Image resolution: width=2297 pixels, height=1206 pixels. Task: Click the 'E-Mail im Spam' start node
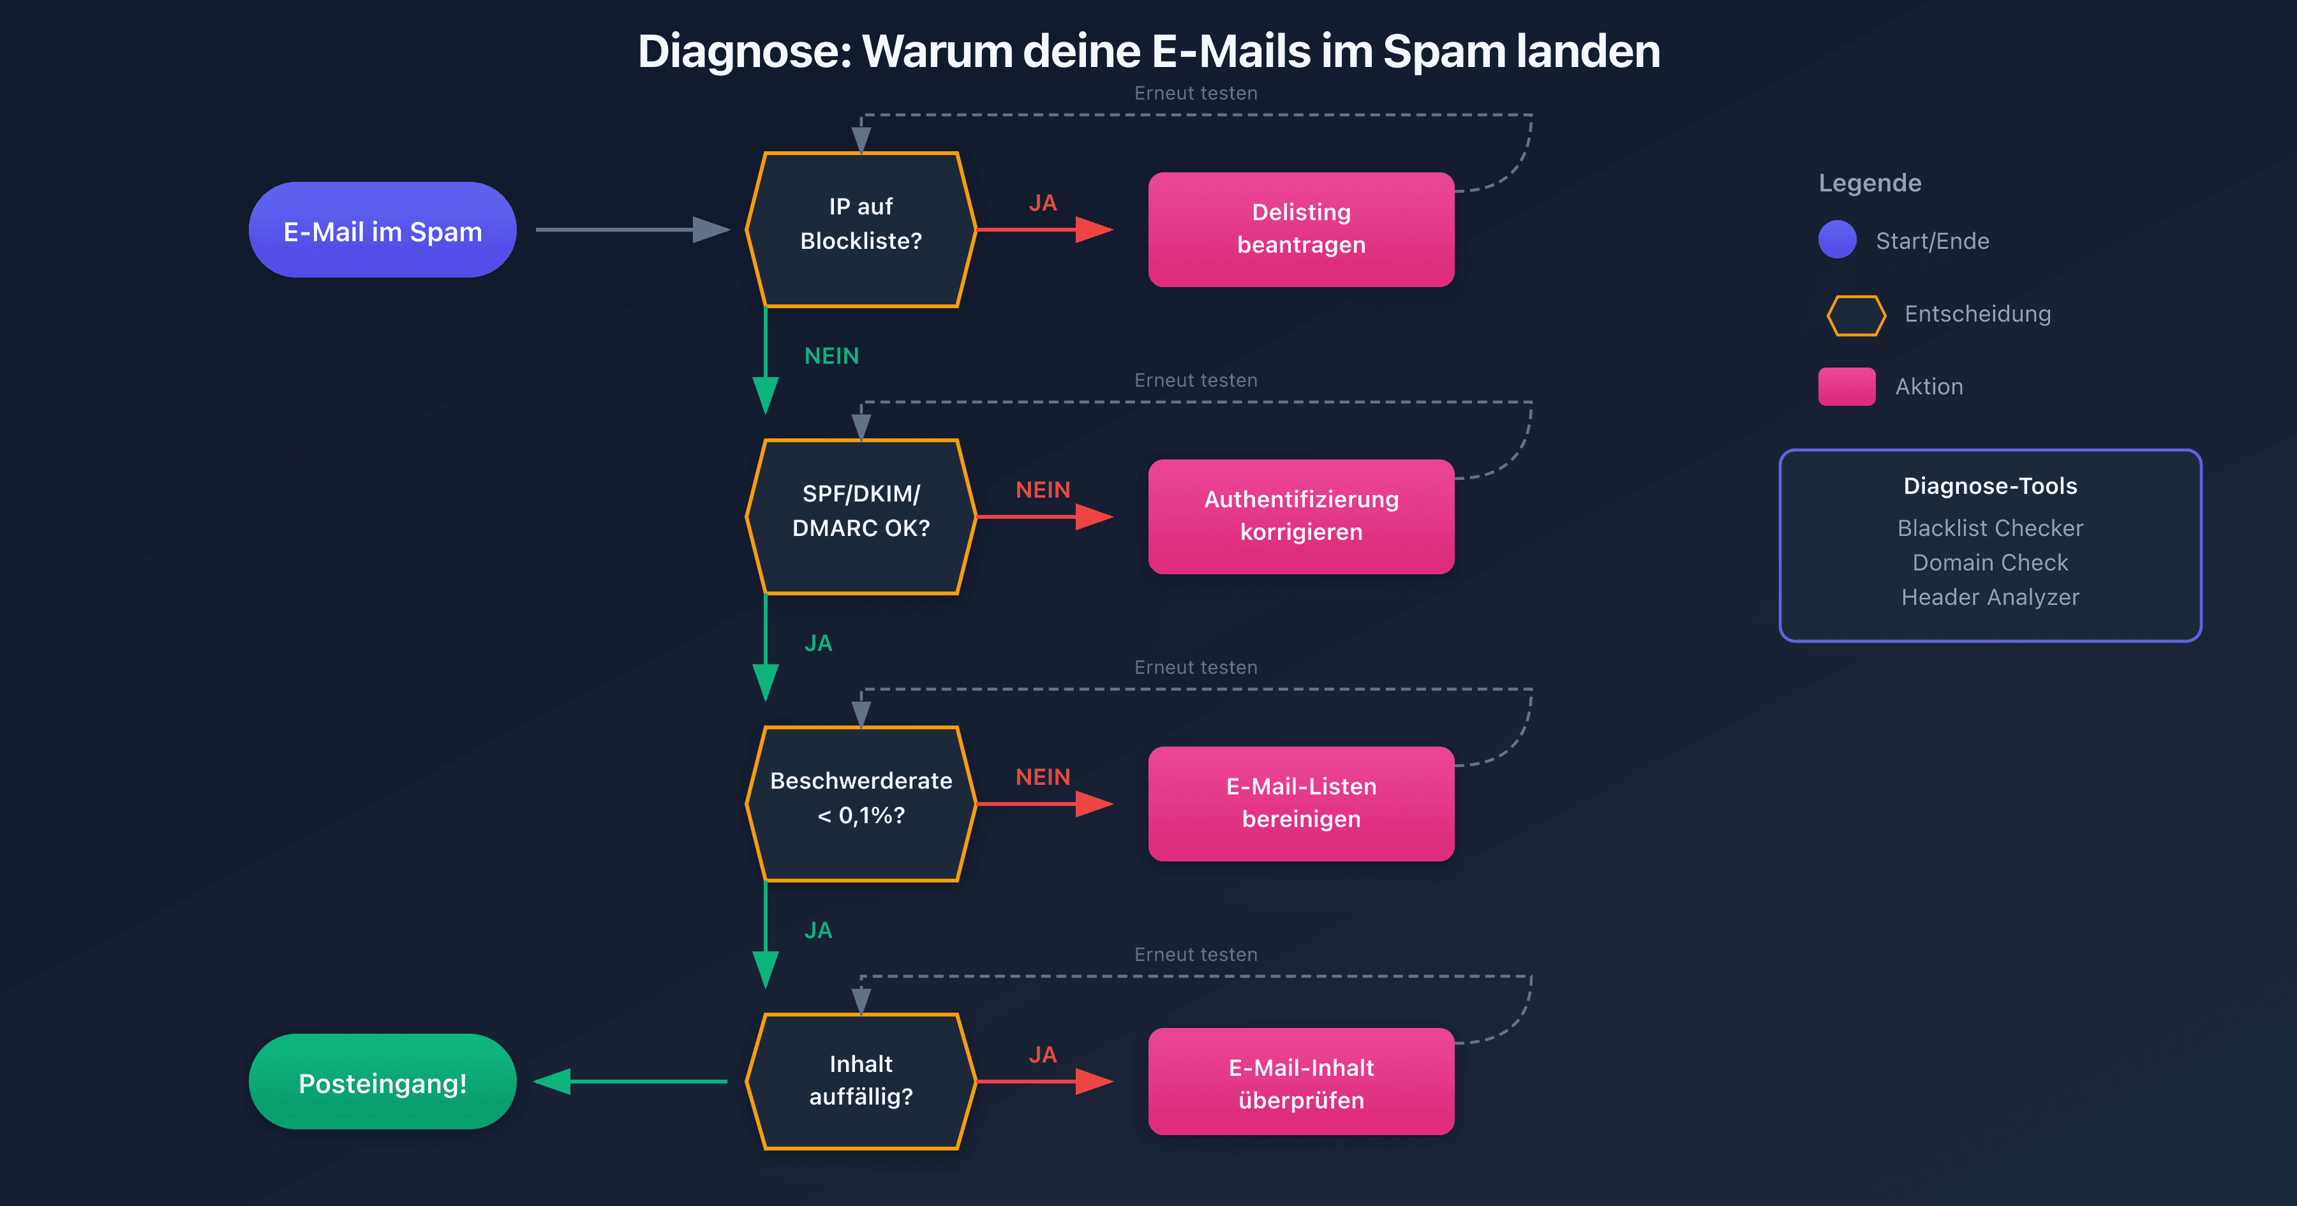click(x=383, y=230)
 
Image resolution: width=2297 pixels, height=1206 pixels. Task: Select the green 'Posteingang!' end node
click(x=383, y=1082)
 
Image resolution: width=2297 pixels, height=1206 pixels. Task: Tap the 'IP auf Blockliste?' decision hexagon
click(x=861, y=229)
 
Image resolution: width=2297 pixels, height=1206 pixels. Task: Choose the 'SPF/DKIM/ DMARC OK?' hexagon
click(x=861, y=516)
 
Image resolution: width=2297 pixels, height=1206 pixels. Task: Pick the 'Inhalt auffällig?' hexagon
click(x=861, y=1081)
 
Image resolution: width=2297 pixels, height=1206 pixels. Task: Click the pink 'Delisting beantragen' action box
click(x=1301, y=229)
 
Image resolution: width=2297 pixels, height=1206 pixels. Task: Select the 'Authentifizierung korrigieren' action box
click(x=1301, y=516)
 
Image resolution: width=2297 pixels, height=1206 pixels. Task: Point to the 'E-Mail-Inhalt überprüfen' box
click(x=1301, y=1082)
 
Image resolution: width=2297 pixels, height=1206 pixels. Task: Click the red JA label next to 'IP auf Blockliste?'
click(x=1043, y=204)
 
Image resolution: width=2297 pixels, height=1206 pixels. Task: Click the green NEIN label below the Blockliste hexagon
click(x=831, y=356)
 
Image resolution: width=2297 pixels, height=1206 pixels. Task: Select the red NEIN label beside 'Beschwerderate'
click(x=1043, y=777)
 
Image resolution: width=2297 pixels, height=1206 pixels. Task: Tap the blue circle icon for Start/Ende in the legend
click(x=1837, y=240)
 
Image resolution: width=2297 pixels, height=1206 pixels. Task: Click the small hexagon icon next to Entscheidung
click(x=1855, y=315)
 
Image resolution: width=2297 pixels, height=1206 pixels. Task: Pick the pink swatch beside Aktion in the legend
click(x=1847, y=386)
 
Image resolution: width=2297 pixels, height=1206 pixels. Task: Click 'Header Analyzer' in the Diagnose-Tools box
click(x=1989, y=597)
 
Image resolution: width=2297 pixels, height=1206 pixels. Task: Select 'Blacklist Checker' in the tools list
click(x=1989, y=528)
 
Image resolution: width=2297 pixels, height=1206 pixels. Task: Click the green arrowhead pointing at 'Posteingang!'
click(x=553, y=1082)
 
